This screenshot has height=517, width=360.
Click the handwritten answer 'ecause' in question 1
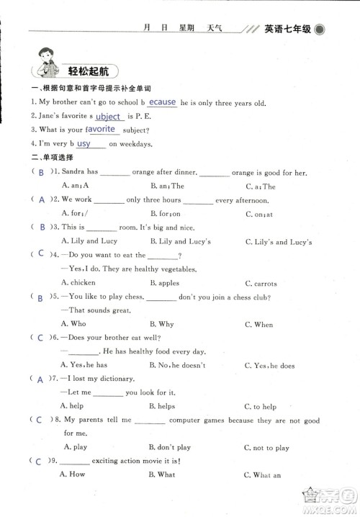click(162, 102)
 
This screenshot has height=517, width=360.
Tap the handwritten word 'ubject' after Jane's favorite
click(108, 117)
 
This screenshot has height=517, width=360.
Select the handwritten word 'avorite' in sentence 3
click(102, 130)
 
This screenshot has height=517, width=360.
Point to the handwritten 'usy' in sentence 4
click(84, 144)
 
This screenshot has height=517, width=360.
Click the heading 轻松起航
click(89, 71)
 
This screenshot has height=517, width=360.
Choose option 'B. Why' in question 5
click(161, 325)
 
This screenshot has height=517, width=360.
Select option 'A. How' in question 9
click(73, 475)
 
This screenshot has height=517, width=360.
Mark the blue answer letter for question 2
click(41, 199)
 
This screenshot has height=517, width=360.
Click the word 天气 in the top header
click(215, 29)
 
